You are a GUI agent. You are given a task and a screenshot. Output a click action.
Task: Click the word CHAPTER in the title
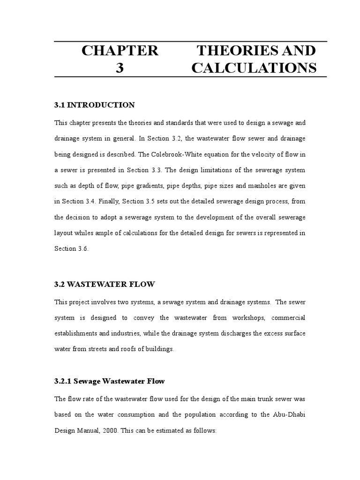click(120, 51)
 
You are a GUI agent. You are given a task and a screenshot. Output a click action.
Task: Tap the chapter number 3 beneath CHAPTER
click(120, 68)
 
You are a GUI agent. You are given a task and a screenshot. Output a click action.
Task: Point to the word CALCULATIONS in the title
click(254, 68)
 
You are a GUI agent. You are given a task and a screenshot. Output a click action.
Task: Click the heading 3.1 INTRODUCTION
click(95, 105)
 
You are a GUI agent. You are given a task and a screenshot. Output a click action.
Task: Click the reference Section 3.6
click(71, 249)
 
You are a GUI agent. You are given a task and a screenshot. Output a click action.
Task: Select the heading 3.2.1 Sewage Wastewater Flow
click(110, 381)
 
